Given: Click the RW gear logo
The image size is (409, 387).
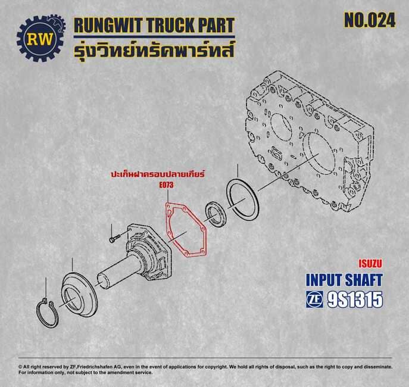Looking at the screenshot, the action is click(x=41, y=39).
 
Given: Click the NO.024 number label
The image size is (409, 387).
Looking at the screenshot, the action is click(x=370, y=20).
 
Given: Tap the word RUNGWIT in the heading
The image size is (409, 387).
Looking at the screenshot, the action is click(x=109, y=25).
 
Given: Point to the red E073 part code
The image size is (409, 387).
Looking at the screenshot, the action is click(x=167, y=185).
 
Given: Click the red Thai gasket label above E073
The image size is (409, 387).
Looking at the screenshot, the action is click(x=158, y=174).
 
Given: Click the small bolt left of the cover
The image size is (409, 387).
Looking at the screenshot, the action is click(x=114, y=238).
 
